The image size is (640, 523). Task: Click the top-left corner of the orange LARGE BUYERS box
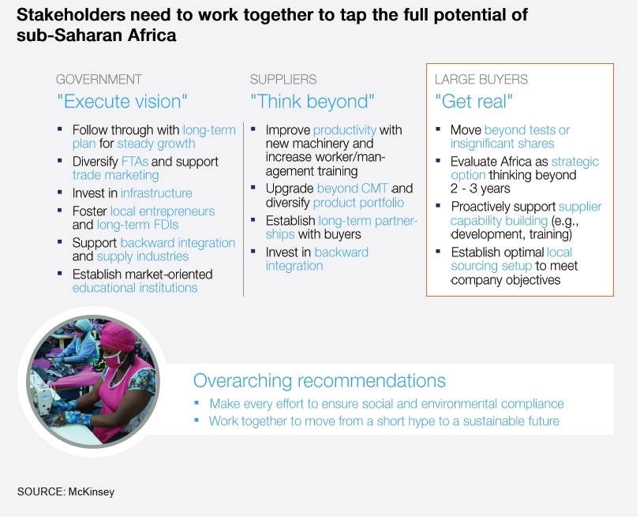[426, 64]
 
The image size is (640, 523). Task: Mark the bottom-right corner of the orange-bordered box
[613, 296]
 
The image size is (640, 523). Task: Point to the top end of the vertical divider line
[243, 122]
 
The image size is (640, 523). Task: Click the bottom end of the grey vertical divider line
[243, 296]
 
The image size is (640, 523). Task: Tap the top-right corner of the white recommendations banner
[614, 364]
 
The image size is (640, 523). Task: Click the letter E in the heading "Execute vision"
[69, 102]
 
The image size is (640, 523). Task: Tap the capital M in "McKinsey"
[73, 491]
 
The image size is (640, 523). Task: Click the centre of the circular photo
[93, 382]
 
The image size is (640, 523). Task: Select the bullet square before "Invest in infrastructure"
[60, 192]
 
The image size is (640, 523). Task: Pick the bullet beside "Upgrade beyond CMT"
[253, 188]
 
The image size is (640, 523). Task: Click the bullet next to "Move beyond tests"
[438, 129]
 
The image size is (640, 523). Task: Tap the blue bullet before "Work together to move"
[196, 420]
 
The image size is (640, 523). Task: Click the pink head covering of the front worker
[117, 336]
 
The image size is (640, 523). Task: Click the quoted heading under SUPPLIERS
[313, 102]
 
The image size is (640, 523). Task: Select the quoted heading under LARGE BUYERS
[473, 102]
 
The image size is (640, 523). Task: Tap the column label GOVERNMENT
[99, 79]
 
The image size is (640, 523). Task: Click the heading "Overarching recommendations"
[319, 380]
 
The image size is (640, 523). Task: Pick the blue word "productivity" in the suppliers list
[345, 130]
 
